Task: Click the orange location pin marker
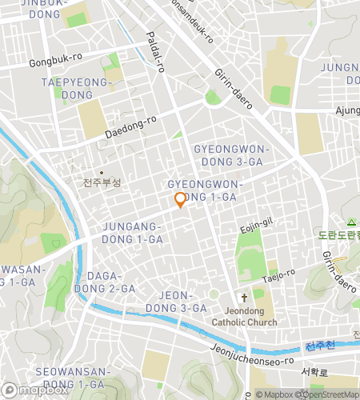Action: pyautogui.click(x=180, y=201)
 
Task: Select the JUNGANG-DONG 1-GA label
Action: pyautogui.click(x=133, y=233)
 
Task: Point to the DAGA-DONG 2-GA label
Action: pyautogui.click(x=105, y=282)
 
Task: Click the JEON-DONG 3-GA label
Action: pyautogui.click(x=178, y=301)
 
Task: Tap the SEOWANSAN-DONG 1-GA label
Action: pyautogui.click(x=70, y=378)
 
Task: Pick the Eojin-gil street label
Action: pyautogui.click(x=256, y=230)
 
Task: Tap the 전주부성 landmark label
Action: pyautogui.click(x=102, y=182)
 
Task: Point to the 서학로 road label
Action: pyautogui.click(x=314, y=372)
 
